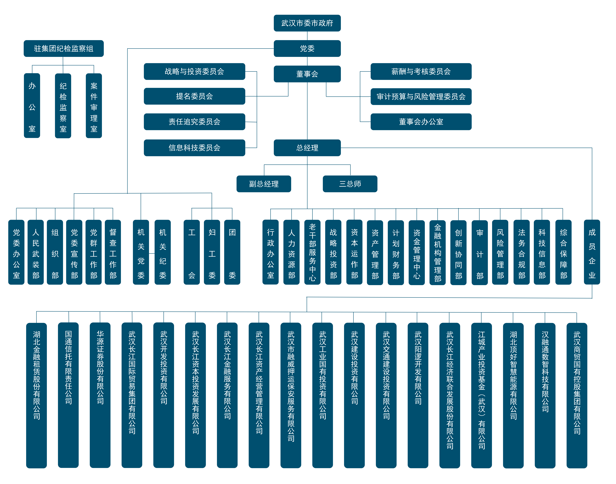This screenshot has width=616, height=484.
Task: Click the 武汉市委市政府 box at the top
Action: pyautogui.click(x=307, y=23)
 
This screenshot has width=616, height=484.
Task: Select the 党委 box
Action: pyautogui.click(x=307, y=48)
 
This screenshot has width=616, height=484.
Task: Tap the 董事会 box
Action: pyautogui.click(x=307, y=74)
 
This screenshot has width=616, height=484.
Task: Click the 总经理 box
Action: pyautogui.click(x=307, y=148)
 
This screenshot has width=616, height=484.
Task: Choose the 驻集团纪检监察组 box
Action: pyautogui.click(x=63, y=48)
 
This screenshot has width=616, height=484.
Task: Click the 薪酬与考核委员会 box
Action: pyautogui.click(x=421, y=71)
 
